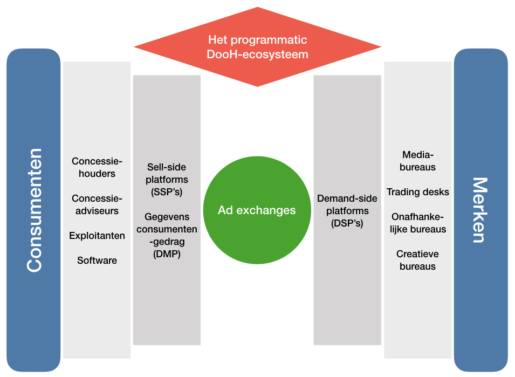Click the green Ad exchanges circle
pyautogui.click(x=257, y=210)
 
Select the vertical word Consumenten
pyautogui.click(x=34, y=210)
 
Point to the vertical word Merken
pyautogui.click(x=480, y=210)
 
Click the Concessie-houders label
pyautogui.click(x=97, y=167)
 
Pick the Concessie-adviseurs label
pyautogui.click(x=97, y=204)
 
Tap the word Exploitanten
pyautogui.click(x=97, y=236)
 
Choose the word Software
pyautogui.click(x=97, y=261)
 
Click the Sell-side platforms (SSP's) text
pyautogui.click(x=167, y=179)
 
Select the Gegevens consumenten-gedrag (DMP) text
pyautogui.click(x=167, y=236)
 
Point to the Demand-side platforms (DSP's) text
pyautogui.click(x=347, y=210)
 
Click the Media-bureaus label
pyautogui.click(x=417, y=161)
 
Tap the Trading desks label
pyautogui.click(x=417, y=192)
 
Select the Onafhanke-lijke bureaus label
pyautogui.click(x=417, y=223)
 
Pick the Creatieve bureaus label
pyautogui.click(x=417, y=260)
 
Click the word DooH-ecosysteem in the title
pyautogui.click(x=257, y=54)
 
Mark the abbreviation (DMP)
pyautogui.click(x=167, y=255)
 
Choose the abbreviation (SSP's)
pyautogui.click(x=167, y=191)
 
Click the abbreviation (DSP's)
pyautogui.click(x=347, y=223)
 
